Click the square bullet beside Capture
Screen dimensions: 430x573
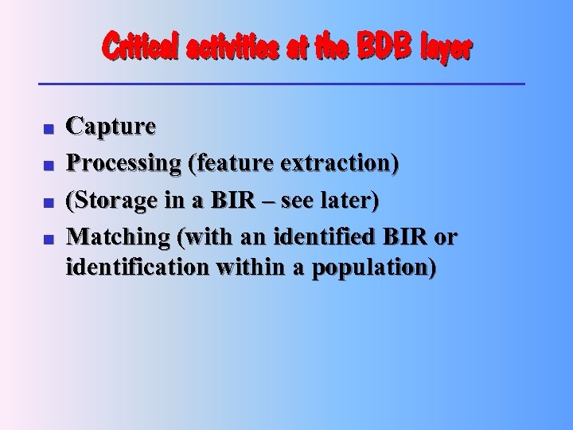pos(48,127)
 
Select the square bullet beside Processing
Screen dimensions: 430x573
pos(48,164)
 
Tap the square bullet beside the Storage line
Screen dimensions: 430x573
pos(48,201)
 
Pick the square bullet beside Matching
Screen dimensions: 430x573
pos(48,238)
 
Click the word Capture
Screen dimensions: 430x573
pos(111,127)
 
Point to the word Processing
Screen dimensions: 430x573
pos(123,164)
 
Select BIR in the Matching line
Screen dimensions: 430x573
pos(403,236)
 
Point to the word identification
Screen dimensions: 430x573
pos(136,267)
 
